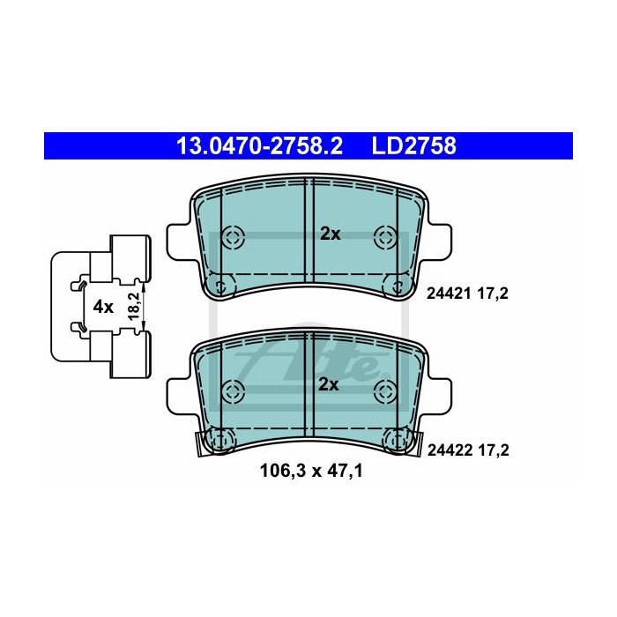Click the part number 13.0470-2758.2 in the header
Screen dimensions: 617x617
259,146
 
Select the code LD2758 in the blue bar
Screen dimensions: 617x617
414,146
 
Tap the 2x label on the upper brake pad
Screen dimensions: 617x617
331,234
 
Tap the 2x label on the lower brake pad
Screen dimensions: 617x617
329,384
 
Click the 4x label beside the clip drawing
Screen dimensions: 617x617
103,307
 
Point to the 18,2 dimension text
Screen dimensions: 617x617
134,306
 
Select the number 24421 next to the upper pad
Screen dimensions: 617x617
449,294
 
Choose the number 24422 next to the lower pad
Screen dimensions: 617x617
450,450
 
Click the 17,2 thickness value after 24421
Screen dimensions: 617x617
493,294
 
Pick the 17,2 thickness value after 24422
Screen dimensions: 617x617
494,450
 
